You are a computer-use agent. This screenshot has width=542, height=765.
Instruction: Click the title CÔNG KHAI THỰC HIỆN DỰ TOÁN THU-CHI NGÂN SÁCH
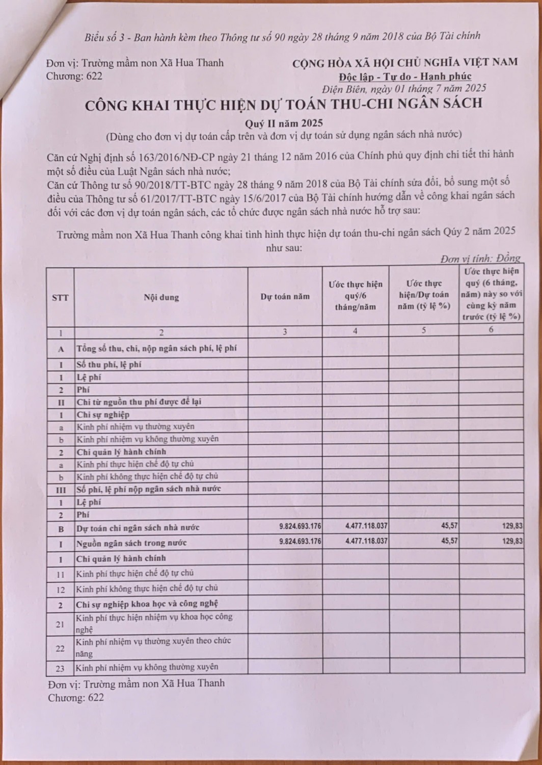[283, 104]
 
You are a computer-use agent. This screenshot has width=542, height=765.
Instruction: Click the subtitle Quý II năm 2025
[284, 123]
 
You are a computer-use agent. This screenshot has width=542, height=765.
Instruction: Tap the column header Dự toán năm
[285, 296]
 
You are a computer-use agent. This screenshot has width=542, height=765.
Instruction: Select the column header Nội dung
[161, 297]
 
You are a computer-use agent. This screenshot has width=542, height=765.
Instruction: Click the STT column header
[60, 297]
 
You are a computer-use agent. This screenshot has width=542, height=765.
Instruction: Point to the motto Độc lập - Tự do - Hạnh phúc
[404, 76]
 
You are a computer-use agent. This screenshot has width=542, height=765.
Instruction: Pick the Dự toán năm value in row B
[300, 526]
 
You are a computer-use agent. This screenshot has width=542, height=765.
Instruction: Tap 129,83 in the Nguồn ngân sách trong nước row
[512, 541]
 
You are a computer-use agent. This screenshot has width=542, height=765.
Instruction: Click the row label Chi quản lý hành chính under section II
[121, 451]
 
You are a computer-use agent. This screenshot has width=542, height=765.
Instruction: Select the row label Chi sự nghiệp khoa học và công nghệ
[147, 603]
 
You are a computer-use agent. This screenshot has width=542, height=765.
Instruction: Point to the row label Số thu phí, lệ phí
[109, 364]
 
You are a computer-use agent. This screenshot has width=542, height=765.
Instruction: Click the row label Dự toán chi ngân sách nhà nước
[138, 527]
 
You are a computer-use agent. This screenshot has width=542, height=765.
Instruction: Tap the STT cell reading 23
[60, 668]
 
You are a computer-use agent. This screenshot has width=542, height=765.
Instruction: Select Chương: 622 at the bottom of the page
[76, 698]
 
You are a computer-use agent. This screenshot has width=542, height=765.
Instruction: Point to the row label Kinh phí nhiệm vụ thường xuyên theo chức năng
[153, 647]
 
